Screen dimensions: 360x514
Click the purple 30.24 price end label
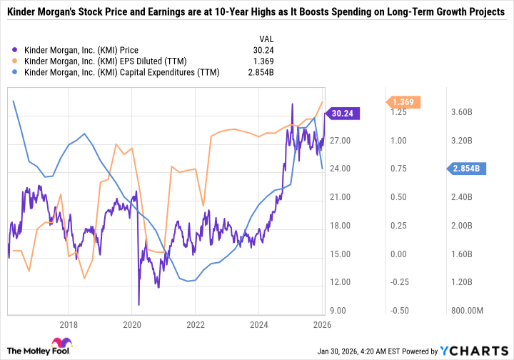pyautogui.click(x=343, y=113)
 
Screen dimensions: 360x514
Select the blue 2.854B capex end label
pyautogui.click(x=466, y=169)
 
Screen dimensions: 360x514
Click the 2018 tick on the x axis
pyautogui.click(x=69, y=324)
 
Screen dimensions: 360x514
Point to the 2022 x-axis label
pyautogui.click(x=196, y=324)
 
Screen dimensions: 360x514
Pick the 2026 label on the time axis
pyautogui.click(x=322, y=324)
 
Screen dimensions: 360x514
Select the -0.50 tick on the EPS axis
pyautogui.click(x=398, y=310)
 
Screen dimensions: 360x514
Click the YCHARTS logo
pyautogui.click(x=483, y=351)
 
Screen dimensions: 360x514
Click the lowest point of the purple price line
pyautogui.click(x=138, y=304)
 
